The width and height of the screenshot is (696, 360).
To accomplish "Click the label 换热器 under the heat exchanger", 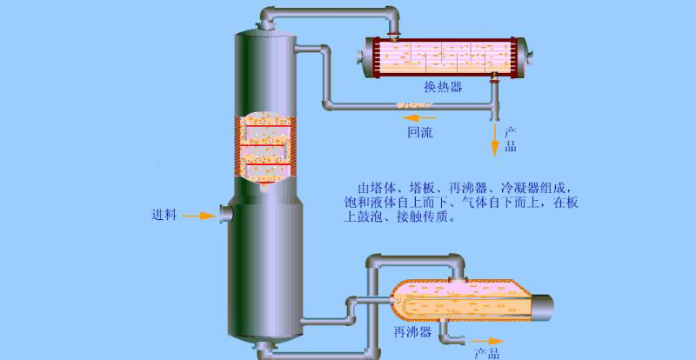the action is tap(443, 87).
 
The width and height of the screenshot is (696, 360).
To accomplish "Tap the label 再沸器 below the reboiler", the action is tap(412, 332).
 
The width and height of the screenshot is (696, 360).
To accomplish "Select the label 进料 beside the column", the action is tap(164, 216).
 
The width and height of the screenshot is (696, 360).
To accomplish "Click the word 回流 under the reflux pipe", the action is tap(420, 132).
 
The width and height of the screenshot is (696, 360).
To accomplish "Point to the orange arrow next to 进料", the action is tap(199, 217).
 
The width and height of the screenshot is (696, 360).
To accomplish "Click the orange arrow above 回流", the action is tap(420, 118).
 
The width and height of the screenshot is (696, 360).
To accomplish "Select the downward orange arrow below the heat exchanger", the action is tap(494, 139).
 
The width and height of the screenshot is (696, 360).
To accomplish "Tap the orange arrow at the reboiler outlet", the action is tap(487, 341).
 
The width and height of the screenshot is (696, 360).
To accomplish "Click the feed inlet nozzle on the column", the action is tap(226, 213).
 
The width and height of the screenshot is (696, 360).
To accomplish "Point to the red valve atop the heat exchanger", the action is tap(393, 33).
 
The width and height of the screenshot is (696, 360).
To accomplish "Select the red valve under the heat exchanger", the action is tap(493, 80).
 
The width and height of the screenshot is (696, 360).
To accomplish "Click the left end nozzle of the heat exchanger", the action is tap(360, 57).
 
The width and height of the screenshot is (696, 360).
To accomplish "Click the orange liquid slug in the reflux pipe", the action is tap(414, 105).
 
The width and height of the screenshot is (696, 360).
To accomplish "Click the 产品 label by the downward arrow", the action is tap(511, 139).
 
